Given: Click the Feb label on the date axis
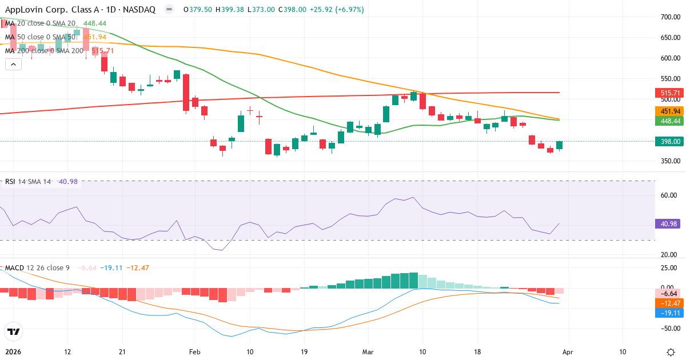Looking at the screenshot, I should click(196, 352).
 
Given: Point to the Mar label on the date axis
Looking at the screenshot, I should click(368, 352).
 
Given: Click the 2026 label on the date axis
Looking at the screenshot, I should click(12, 352).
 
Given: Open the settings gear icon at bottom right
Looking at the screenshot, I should click(671, 352).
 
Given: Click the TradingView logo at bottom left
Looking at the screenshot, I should click(13, 331).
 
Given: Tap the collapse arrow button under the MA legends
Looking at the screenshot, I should click(13, 64).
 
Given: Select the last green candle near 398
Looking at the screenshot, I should click(559, 145).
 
